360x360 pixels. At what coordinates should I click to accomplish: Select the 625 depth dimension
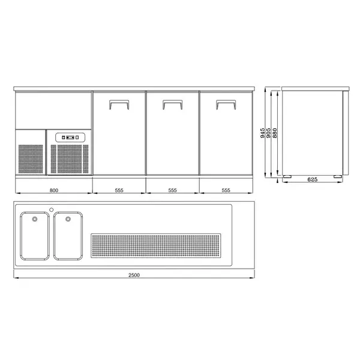pyautogui.click(x=312, y=179)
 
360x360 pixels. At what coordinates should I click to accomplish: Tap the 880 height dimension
pyautogui.click(x=275, y=134)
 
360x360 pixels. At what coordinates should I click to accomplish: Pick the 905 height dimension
pyautogui.click(x=269, y=133)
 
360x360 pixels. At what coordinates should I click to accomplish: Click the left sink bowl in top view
pyautogui.click(x=34, y=236)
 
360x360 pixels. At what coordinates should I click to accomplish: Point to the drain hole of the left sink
pyautogui.click(x=34, y=218)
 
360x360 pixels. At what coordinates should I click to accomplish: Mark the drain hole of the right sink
pyautogui.click(x=68, y=218)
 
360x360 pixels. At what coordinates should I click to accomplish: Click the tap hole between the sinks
pyautogui.click(x=52, y=209)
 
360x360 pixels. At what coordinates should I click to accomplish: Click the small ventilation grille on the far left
pyautogui.click(x=31, y=159)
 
